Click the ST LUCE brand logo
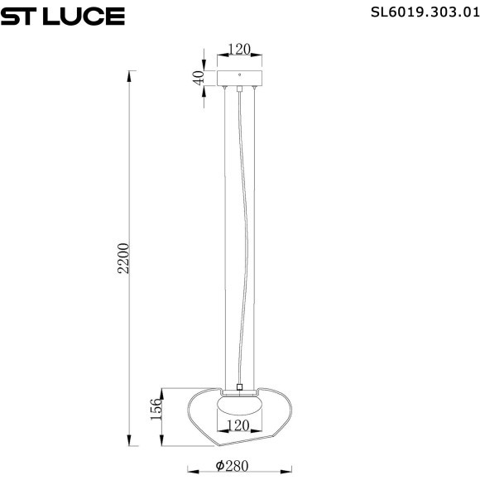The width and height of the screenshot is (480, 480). [63, 16]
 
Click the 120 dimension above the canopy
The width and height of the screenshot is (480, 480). [239, 50]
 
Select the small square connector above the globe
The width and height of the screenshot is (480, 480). [239, 386]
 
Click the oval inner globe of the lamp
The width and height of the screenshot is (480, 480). [239, 409]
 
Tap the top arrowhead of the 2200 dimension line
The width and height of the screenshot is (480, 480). [129, 75]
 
